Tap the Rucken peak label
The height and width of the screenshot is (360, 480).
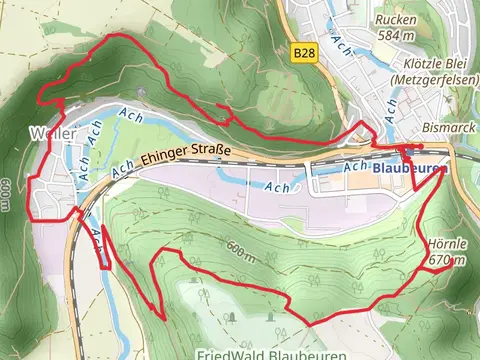point(396,20)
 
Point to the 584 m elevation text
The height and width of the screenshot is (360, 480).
point(396,36)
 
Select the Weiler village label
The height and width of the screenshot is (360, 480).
point(49,132)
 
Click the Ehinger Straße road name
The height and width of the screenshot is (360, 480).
point(186,155)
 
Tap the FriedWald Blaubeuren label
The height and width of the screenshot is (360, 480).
point(272,353)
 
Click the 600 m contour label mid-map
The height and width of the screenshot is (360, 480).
point(239,250)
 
